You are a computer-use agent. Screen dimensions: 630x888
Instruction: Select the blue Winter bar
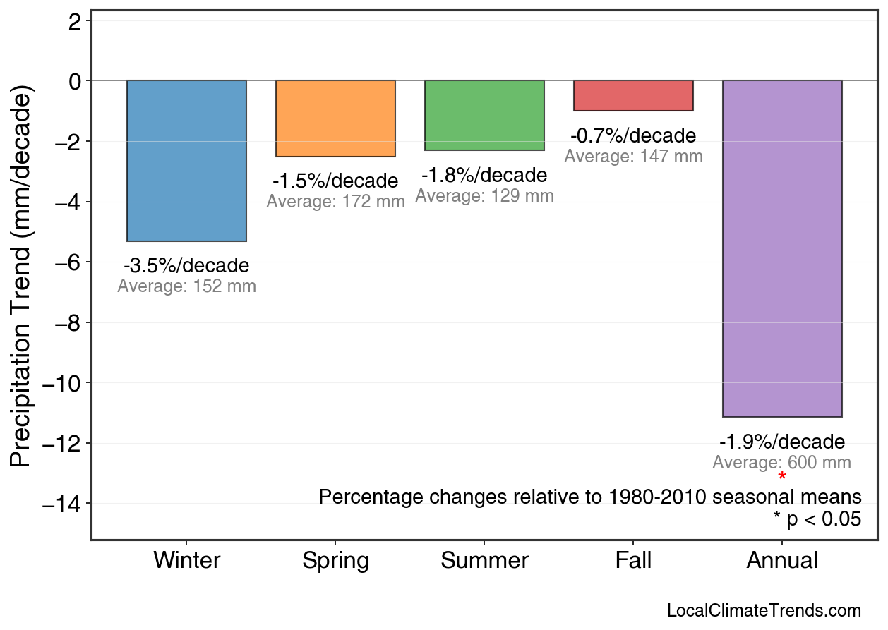point(186,161)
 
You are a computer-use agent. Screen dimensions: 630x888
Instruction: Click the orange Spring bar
point(335,119)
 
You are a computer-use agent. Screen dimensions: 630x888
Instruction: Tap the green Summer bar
point(484,115)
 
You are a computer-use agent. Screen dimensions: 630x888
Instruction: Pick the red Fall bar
point(633,96)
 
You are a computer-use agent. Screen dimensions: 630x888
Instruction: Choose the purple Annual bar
point(782,248)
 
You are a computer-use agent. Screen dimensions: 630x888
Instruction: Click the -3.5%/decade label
point(186,266)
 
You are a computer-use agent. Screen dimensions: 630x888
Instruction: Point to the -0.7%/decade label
point(633,135)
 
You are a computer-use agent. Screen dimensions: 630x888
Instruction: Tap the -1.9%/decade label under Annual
point(782,442)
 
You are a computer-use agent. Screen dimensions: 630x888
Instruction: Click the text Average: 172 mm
point(335,202)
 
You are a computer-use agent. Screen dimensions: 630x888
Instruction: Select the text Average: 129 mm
point(484,196)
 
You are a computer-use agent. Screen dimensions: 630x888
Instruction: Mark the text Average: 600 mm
point(782,463)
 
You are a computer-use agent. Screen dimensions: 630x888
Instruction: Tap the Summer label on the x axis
point(484,561)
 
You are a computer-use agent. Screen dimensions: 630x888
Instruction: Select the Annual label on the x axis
point(782,561)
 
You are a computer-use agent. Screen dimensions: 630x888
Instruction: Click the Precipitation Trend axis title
point(22,278)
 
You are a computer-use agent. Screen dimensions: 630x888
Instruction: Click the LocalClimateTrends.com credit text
point(764,611)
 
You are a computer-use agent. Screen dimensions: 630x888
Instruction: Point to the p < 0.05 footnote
point(817,519)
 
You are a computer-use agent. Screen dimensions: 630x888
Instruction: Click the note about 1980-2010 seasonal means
point(590,497)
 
